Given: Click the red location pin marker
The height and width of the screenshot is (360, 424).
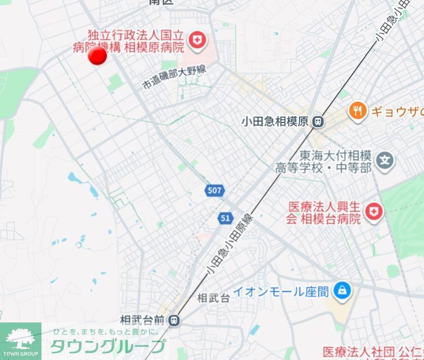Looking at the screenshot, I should point(97,56).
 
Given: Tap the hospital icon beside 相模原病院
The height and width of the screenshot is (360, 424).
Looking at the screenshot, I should point(200,40).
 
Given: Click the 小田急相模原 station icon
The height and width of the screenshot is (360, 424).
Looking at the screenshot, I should point(318,121).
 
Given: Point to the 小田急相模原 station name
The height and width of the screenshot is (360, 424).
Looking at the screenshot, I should point(275,122).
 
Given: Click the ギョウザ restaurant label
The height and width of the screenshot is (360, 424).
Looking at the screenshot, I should point(398,111).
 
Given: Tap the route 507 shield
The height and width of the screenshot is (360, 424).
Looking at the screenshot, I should point(213,190).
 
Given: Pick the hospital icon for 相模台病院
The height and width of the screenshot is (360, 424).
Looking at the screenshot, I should point(376,212).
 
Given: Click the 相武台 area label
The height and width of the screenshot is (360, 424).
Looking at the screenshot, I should point(213,298).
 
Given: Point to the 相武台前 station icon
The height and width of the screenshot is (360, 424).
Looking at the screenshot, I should point(175,320).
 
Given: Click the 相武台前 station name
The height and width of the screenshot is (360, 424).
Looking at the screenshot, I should point(142,320).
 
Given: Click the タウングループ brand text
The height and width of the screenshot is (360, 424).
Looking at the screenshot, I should point(108,346).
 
